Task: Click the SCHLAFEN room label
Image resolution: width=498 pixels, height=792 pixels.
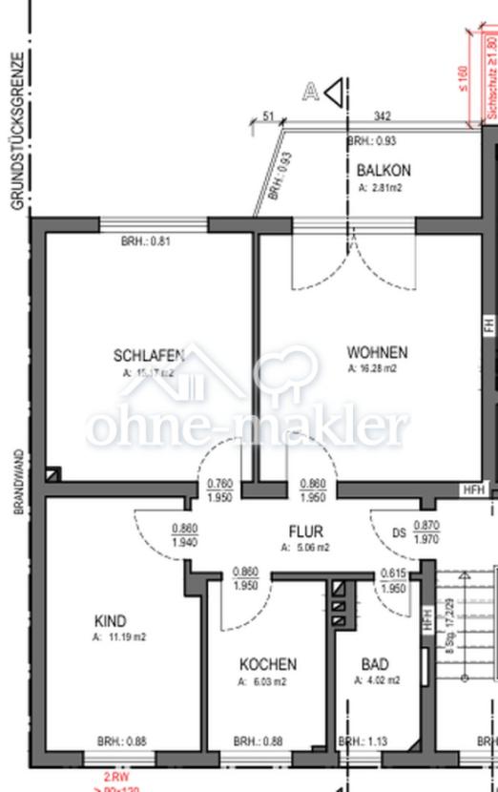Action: pos(148,356)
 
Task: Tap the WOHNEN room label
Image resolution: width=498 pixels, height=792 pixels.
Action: pos(377,352)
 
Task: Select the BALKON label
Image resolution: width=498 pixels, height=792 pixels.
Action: pos(384,171)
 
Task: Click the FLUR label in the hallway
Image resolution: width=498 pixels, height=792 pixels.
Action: pos(306,531)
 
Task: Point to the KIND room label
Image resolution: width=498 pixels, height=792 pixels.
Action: pos(111,620)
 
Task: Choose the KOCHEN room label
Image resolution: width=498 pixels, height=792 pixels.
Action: pos(267,664)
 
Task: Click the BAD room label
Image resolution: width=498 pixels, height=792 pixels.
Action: pos(375,664)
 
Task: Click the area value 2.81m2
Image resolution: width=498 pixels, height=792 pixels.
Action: pos(380,188)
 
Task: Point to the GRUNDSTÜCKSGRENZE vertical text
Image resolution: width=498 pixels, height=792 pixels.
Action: pos(16,129)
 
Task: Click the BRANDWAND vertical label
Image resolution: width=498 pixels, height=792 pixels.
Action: pos(18,482)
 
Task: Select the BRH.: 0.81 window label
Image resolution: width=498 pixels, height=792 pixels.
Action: pos(145,241)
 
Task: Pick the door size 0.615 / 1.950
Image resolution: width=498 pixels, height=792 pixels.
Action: pos(393,580)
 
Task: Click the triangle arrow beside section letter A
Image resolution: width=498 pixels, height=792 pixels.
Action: pos(333,93)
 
